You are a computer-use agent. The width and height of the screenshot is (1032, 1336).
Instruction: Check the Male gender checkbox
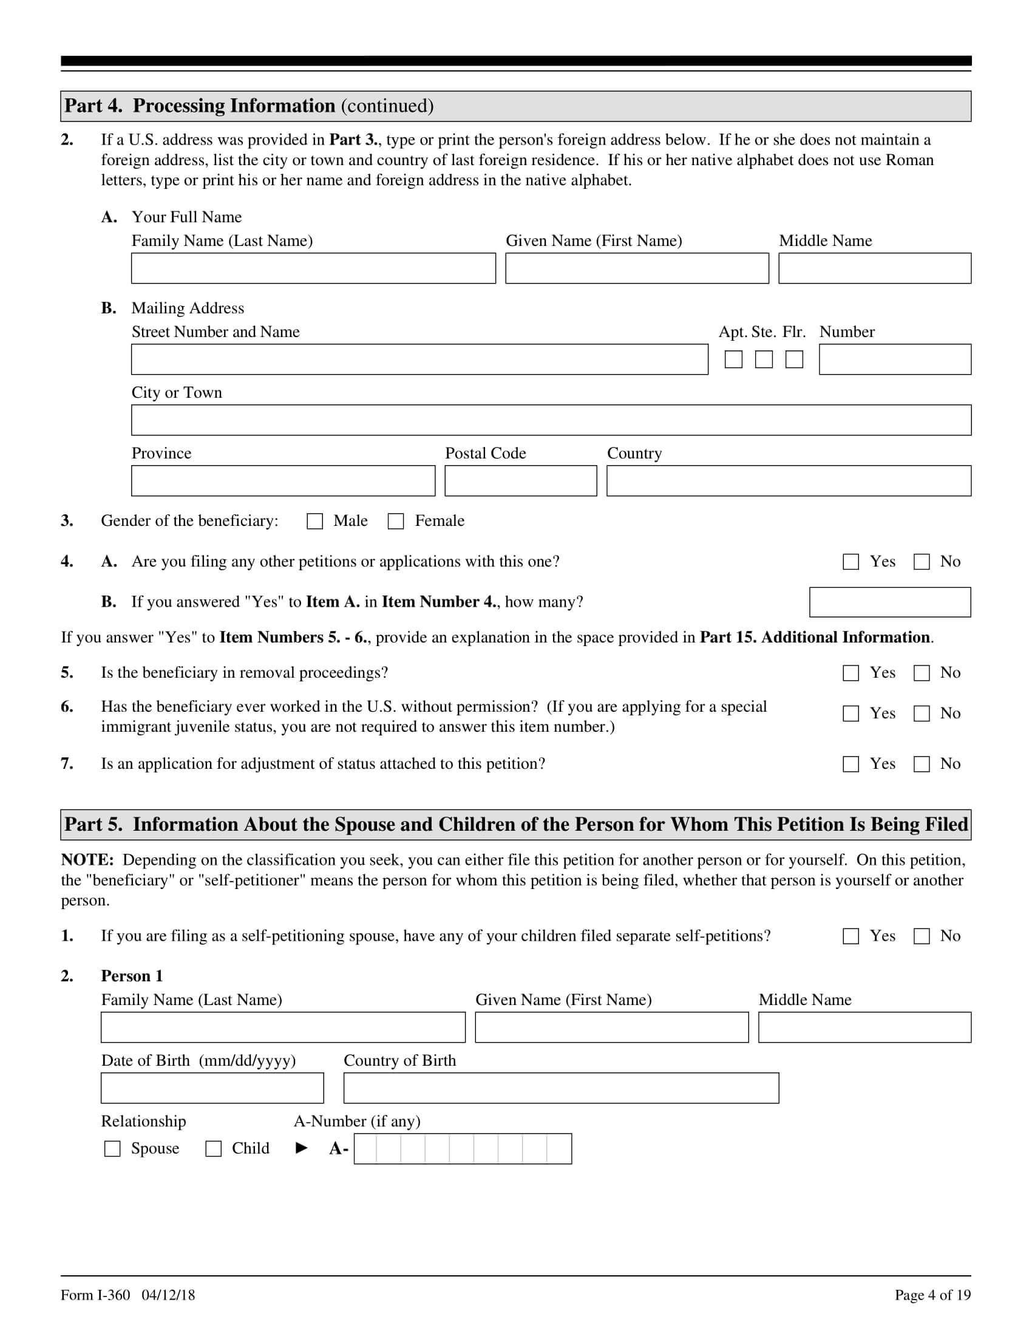(x=315, y=521)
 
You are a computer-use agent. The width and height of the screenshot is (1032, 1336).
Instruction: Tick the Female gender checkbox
(x=396, y=521)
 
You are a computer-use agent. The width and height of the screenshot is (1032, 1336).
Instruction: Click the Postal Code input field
(x=520, y=481)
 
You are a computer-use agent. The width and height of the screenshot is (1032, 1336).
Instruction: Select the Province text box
(x=283, y=481)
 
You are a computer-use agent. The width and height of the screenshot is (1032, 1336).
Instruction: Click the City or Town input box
(x=551, y=420)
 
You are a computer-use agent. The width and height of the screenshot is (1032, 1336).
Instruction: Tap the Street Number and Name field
(x=419, y=360)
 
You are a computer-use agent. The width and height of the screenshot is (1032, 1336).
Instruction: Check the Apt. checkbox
(x=734, y=360)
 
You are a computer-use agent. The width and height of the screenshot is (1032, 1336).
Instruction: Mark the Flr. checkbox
(x=794, y=360)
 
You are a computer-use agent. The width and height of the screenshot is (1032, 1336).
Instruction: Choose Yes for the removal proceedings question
(x=851, y=673)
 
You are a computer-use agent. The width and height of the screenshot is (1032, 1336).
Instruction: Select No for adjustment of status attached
(x=922, y=764)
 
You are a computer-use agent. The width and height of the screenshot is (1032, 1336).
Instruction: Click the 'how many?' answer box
(x=889, y=602)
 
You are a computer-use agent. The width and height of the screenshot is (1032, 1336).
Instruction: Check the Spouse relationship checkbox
(x=112, y=1149)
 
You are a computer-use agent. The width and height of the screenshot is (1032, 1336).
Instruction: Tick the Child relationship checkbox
(x=213, y=1149)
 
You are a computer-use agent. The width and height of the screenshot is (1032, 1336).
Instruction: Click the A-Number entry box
(x=463, y=1149)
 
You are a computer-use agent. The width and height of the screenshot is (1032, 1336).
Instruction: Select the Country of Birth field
(x=561, y=1088)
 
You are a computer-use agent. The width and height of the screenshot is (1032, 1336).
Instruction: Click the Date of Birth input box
(x=212, y=1088)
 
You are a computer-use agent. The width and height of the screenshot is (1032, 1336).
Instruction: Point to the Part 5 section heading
(x=515, y=825)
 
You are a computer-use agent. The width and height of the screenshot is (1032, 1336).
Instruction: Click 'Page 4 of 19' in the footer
(x=932, y=1295)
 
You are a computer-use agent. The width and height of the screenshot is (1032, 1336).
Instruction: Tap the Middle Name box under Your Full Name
(x=874, y=268)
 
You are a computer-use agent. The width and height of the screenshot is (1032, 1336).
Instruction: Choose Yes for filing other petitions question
(x=851, y=562)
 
